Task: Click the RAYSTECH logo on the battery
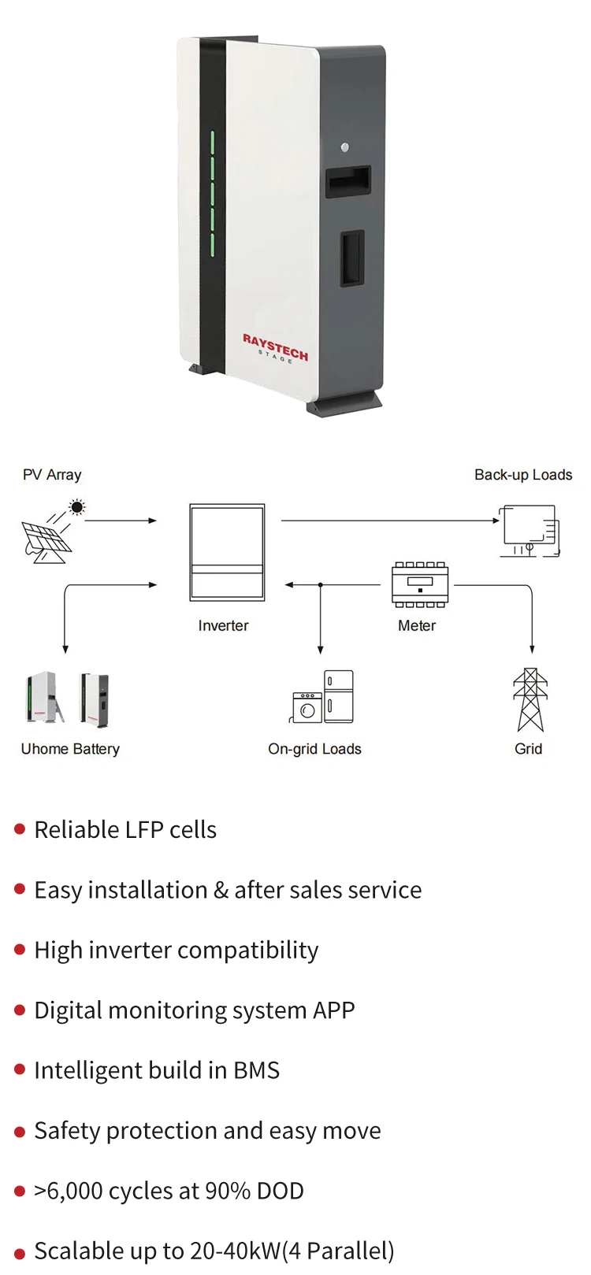276,347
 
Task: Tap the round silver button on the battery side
344,147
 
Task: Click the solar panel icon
46,542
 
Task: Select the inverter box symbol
227,552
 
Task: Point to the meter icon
420,584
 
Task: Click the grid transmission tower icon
530,699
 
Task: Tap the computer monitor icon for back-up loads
530,531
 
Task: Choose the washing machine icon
307,707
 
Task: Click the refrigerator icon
339,696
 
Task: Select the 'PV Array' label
52,475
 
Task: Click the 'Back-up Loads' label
523,475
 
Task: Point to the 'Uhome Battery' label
70,749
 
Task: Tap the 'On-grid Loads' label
314,749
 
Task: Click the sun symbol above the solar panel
77,506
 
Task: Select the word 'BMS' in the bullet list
256,1070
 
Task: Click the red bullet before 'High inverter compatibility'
20,949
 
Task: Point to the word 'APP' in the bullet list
333,1010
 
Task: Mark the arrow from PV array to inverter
121,521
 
